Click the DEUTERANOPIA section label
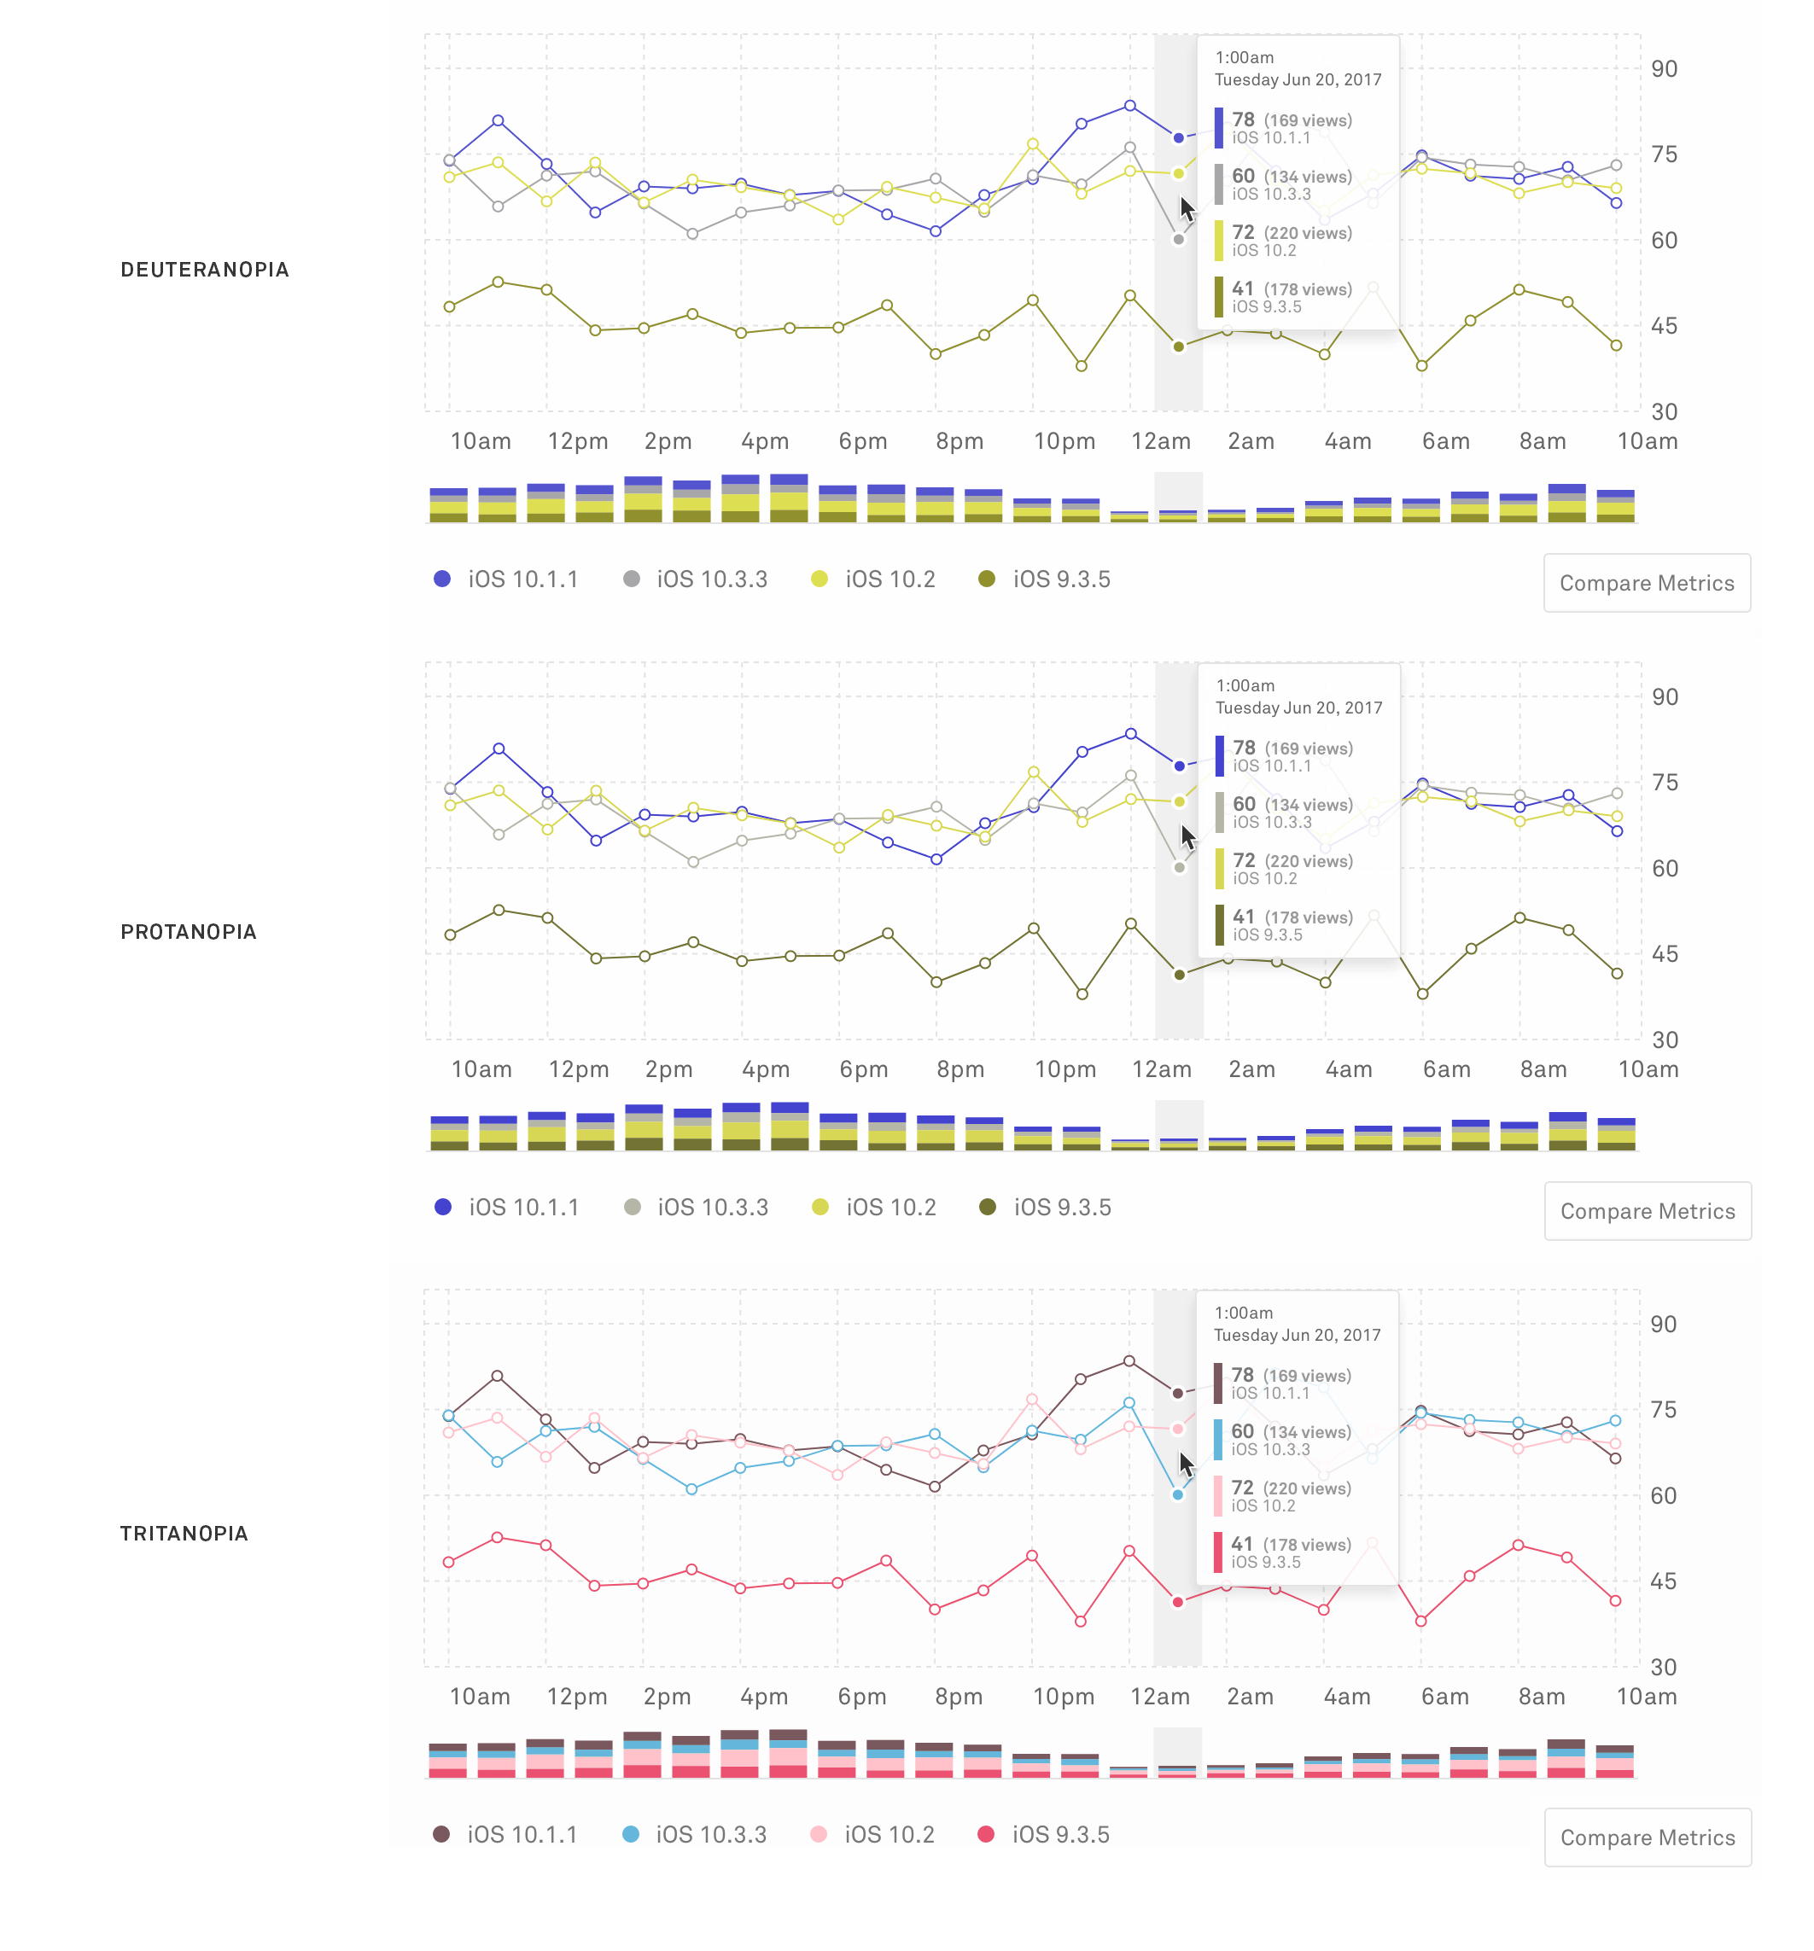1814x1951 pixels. (x=204, y=270)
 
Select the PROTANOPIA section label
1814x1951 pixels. (x=189, y=932)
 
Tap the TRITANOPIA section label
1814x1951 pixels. (x=184, y=1534)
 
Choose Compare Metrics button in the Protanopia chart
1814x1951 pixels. (x=1648, y=1211)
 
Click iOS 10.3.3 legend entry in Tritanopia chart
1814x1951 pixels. (x=695, y=1834)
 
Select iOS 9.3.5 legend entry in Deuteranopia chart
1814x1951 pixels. (x=1044, y=579)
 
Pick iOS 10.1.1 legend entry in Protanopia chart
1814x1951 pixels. (x=506, y=1207)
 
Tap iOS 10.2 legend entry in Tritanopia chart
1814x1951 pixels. (x=873, y=1834)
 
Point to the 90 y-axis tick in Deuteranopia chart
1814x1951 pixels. (x=1664, y=68)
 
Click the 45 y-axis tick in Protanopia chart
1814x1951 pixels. (x=1665, y=954)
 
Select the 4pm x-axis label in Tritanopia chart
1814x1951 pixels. (x=764, y=1697)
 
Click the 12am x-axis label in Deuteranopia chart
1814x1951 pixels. (x=1160, y=441)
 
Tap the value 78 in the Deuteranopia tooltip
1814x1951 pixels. (x=1243, y=119)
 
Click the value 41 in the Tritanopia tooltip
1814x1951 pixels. (x=1242, y=1544)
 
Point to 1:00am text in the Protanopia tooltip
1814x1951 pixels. (x=1245, y=686)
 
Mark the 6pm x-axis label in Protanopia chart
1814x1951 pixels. (x=863, y=1069)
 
